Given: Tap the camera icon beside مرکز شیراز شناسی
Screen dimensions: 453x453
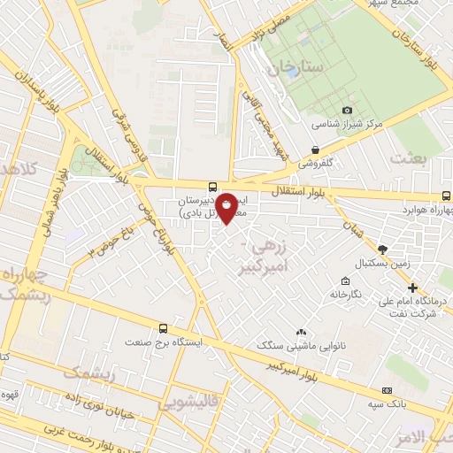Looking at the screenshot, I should pos(348,110).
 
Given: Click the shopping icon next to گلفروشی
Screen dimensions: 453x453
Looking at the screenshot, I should pos(315,150).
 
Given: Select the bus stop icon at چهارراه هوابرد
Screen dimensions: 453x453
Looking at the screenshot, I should pos(448,197).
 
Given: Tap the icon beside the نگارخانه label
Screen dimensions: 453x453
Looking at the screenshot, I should pos(335,293).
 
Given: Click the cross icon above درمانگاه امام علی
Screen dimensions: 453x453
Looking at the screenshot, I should pos(412,288).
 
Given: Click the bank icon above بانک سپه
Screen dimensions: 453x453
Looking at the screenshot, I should pos(386,390).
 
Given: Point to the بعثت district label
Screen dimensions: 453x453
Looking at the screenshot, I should pos(411,157).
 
